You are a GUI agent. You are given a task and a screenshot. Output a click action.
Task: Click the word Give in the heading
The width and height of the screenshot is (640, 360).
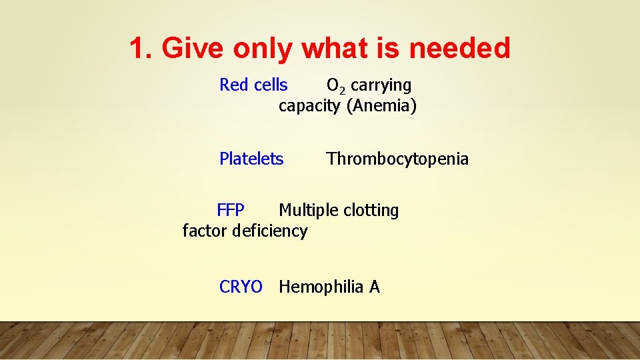coord(193,48)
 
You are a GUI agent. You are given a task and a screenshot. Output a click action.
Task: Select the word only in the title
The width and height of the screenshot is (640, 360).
coord(264,48)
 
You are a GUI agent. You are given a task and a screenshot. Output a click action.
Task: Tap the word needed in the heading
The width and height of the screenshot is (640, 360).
coord(459,48)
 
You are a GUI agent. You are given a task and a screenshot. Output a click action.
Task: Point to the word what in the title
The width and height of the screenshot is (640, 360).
coord(336,48)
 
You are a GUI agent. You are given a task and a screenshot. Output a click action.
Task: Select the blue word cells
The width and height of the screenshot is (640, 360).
coord(270,85)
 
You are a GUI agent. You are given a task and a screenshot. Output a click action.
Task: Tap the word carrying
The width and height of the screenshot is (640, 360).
coord(381,85)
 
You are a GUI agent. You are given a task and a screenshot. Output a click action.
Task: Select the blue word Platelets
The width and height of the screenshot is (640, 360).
coord(251,159)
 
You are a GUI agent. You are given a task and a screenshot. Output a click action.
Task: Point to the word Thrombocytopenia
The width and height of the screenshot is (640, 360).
coord(397,159)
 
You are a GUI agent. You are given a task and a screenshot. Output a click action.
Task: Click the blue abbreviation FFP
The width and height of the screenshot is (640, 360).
coord(231,211)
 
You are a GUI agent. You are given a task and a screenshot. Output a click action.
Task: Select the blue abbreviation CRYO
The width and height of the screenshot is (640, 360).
coord(241,287)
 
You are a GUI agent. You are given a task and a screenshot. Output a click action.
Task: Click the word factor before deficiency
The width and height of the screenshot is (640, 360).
coord(205,231)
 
